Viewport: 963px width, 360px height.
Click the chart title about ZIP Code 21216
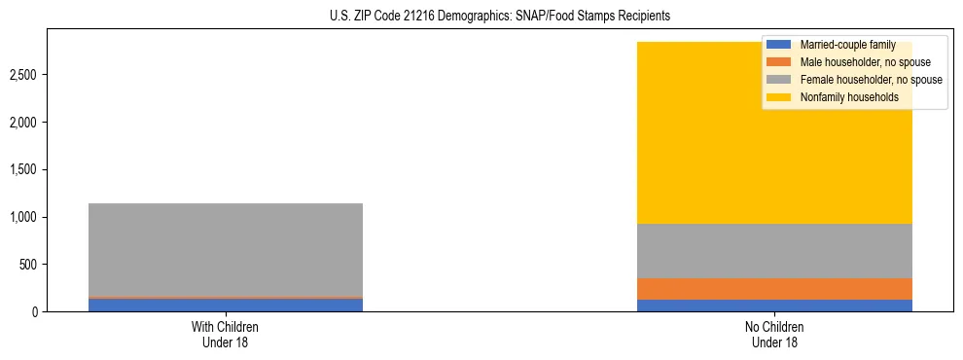[x=481, y=17]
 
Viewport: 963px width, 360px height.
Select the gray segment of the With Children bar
[x=226, y=249]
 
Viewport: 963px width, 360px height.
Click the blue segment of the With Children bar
[x=226, y=305]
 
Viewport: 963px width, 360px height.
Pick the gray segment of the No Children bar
[x=774, y=251]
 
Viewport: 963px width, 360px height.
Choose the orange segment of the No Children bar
[x=774, y=289]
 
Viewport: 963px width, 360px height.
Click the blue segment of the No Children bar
[x=774, y=306]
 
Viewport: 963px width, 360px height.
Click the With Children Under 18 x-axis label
[x=226, y=334]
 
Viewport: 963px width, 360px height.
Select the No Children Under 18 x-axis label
[x=774, y=334]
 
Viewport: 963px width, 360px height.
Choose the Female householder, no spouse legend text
[x=871, y=80]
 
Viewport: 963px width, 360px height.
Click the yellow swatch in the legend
[x=779, y=97]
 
